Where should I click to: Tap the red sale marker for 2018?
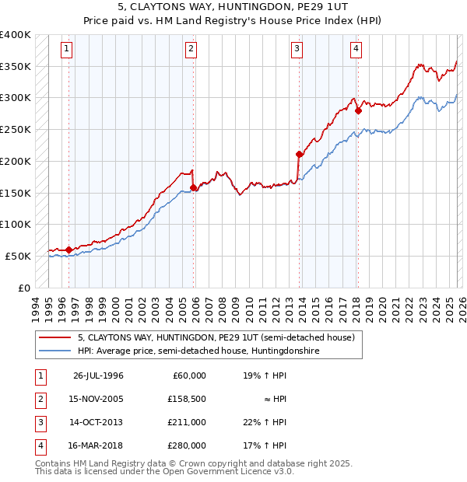click(x=358, y=110)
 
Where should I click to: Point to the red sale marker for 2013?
click(x=299, y=154)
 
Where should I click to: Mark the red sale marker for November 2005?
click(x=194, y=187)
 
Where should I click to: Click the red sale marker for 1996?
click(x=69, y=250)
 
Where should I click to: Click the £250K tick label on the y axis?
click(x=15, y=129)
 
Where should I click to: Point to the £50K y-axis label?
click(x=18, y=256)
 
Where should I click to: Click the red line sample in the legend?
click(x=55, y=337)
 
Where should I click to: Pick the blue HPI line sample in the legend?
click(x=55, y=351)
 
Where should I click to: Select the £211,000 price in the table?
click(x=187, y=422)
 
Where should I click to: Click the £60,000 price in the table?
click(x=189, y=375)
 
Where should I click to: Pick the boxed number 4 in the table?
click(x=39, y=445)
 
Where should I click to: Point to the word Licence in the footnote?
click(x=251, y=471)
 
